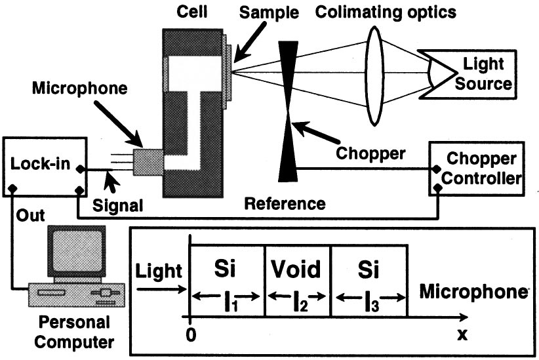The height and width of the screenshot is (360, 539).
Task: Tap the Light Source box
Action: [x=481, y=73]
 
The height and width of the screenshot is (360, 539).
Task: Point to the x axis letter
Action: [x=464, y=334]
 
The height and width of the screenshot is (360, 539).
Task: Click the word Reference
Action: [x=285, y=204]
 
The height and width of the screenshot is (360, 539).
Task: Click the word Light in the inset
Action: [x=157, y=269]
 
